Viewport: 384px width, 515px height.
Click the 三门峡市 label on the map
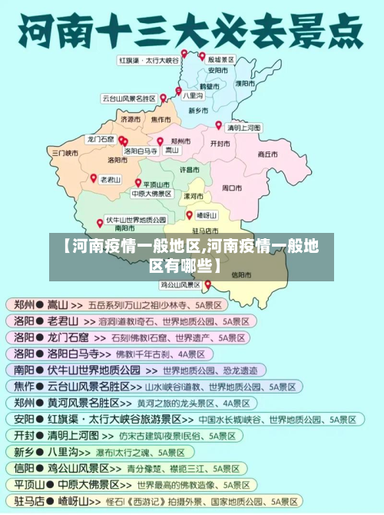(65, 153)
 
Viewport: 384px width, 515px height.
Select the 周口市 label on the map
(232, 187)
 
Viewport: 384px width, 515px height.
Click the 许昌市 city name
(189, 168)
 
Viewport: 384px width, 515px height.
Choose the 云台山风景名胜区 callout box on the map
(129, 98)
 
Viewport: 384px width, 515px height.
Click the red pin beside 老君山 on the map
(94, 178)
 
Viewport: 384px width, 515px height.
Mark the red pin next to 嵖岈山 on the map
(189, 214)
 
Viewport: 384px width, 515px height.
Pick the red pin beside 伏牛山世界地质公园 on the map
(100, 222)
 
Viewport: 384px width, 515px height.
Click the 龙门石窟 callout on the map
(101, 139)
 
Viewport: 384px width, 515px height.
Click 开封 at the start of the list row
(23, 436)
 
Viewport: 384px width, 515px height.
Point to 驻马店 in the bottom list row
(28, 501)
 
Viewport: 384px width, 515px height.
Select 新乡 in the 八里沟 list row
(23, 453)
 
